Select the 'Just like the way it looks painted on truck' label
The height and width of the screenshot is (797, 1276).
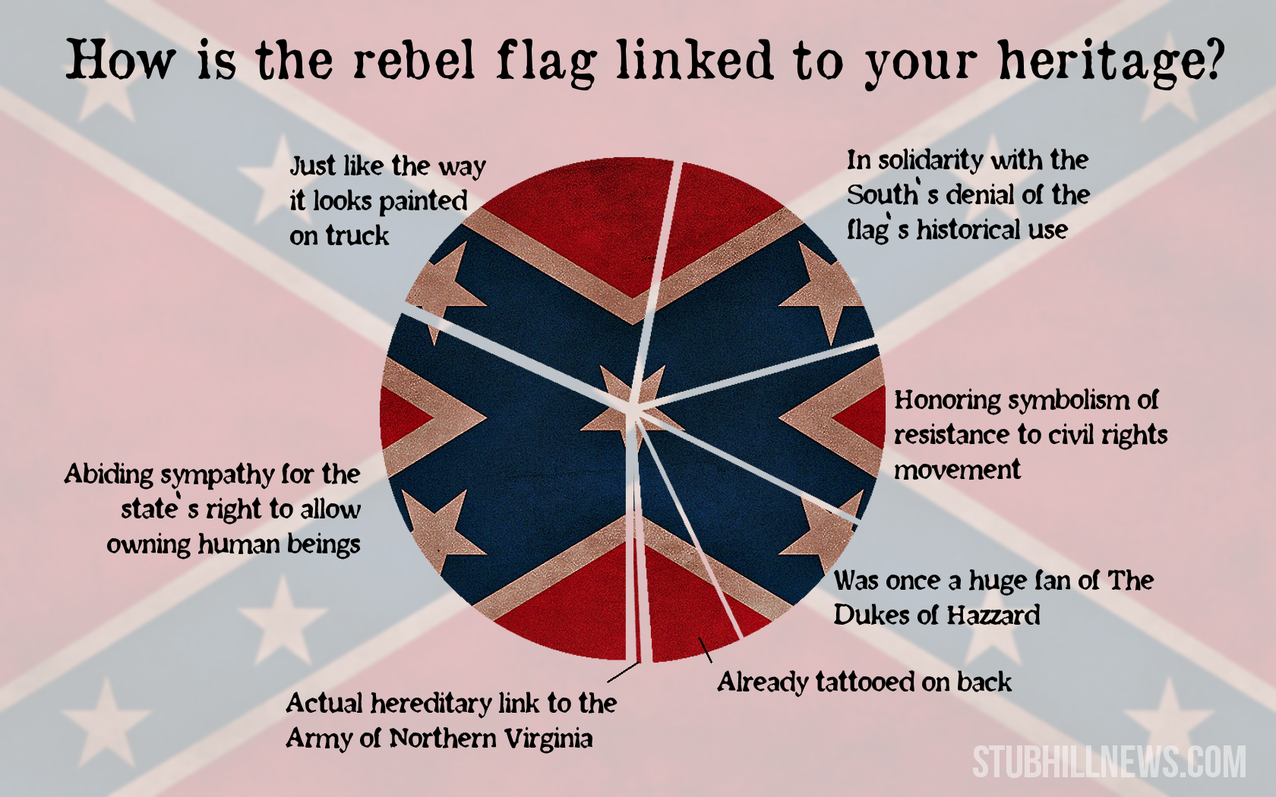click(x=387, y=200)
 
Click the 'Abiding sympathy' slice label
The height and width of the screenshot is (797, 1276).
click(x=212, y=509)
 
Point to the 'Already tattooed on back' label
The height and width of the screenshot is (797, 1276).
click(x=864, y=682)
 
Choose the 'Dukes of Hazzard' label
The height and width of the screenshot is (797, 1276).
click(x=993, y=598)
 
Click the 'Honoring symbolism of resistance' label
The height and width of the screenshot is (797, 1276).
click(x=1031, y=435)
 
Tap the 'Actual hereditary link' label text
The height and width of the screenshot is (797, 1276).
click(x=451, y=721)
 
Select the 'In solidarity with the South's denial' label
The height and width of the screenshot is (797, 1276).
click(x=968, y=194)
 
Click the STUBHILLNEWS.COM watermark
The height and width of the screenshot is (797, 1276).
click(x=1109, y=762)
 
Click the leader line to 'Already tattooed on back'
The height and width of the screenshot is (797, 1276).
click(x=705, y=650)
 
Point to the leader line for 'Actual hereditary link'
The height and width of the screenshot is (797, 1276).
click(x=623, y=672)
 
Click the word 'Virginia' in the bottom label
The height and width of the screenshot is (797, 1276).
click(x=549, y=739)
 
